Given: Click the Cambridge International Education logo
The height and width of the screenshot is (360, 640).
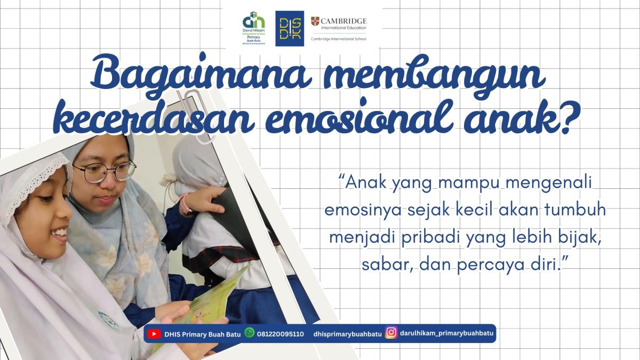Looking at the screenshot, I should coord(339,28).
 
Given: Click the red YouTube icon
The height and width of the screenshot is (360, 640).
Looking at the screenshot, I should coord(154,334).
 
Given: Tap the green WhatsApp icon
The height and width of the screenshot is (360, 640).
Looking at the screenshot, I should coord(249,333).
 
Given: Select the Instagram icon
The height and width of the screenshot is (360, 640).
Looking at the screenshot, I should coord(391,333).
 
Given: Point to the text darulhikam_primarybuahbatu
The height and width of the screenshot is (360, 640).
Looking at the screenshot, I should coord(447,333).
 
